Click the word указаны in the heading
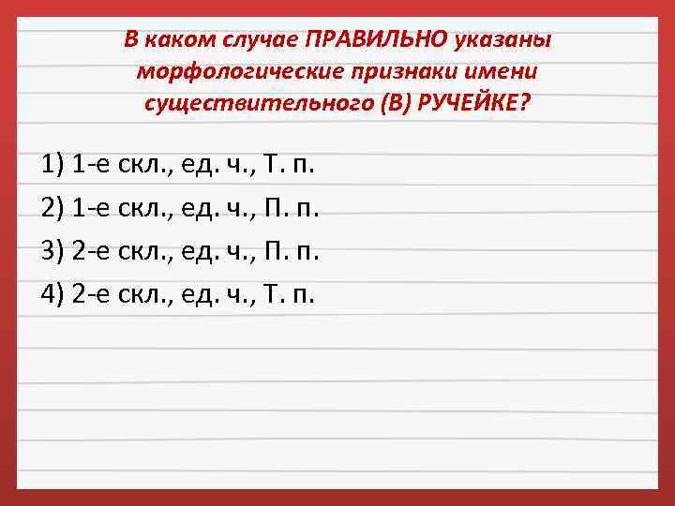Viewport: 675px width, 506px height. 504,40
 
